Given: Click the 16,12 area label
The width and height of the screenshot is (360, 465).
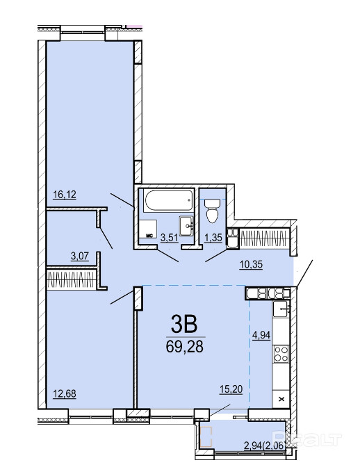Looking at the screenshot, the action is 65,195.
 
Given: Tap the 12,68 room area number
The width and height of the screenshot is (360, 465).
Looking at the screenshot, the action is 65,393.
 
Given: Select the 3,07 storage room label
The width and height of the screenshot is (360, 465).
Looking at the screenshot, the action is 80,256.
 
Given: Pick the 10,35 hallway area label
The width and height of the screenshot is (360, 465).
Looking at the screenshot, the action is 251,264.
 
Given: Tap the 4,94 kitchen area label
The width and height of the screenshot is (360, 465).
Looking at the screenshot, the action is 261,335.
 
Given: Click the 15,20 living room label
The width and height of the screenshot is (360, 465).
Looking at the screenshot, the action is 231,389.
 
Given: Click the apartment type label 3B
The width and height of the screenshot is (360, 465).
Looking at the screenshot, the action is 184,325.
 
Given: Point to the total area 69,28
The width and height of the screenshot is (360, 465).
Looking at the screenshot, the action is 185,346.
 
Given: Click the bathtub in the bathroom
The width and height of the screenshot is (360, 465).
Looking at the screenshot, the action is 168,201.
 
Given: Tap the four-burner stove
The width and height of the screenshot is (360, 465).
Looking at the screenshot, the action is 281,354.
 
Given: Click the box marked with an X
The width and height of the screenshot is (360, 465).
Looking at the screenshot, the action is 281,399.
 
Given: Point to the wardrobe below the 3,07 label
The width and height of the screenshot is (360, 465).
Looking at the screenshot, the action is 72,279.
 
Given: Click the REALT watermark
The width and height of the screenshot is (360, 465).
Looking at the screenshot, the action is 307,439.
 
